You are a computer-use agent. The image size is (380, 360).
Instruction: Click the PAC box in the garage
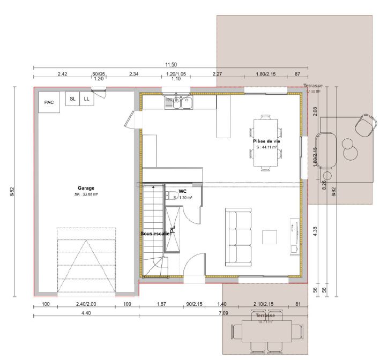(x=49, y=102)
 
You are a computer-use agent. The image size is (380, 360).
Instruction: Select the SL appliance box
(x=72, y=99)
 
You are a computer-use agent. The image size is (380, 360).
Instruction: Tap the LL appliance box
(x=86, y=99)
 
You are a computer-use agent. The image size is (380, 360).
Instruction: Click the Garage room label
(x=86, y=188)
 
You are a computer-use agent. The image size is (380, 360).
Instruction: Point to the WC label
(x=183, y=191)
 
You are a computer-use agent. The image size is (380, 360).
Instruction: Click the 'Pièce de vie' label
(x=266, y=141)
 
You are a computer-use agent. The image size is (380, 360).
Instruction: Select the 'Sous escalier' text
(x=155, y=234)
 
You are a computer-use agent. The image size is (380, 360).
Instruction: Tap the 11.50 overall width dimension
(x=171, y=65)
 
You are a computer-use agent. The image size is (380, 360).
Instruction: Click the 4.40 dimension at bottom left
(x=86, y=312)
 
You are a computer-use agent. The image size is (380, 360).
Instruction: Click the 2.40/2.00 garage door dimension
(x=86, y=304)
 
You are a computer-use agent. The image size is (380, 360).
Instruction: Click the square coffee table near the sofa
(x=270, y=237)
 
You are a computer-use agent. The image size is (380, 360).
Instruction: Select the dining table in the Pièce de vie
(x=266, y=142)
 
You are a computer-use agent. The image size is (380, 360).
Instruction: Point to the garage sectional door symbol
(x=86, y=260)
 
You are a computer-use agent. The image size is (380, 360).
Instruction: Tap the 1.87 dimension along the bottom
(x=161, y=304)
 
